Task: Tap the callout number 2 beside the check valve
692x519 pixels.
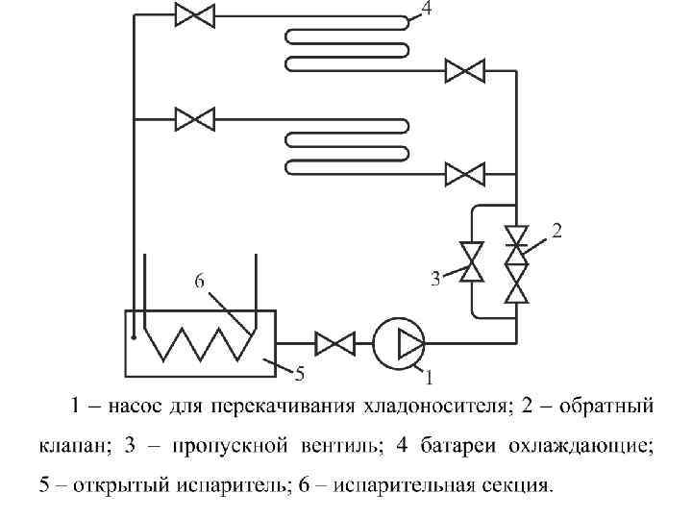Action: point(556,230)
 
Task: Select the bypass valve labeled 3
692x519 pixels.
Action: point(472,261)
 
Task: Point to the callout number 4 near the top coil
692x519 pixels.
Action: point(426,9)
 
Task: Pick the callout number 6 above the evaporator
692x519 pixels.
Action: point(200,281)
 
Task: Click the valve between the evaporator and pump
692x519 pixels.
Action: point(334,341)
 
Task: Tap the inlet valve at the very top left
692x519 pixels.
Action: point(195,15)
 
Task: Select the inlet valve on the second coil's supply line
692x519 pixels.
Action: point(195,118)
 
